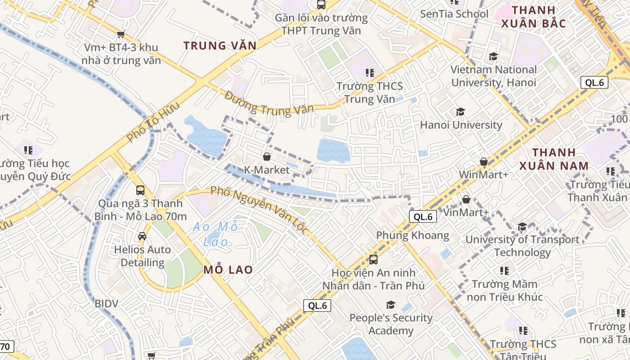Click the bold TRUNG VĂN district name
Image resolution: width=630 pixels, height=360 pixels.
(220, 45)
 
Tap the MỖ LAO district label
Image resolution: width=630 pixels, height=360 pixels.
(228, 270)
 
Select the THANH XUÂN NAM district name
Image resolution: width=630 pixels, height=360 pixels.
(554, 159)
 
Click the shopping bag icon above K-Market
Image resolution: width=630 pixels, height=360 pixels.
(267, 157)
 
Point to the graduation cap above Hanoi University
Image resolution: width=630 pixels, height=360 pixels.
(460, 112)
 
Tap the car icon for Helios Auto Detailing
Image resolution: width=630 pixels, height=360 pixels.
(142, 236)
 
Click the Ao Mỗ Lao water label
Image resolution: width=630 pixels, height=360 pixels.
(216, 234)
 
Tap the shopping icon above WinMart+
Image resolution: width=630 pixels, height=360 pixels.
(484, 161)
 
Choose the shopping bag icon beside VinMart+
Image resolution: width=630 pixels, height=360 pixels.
(466, 199)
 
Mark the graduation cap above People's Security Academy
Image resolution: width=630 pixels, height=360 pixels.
(391, 305)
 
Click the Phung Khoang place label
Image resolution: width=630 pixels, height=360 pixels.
(413, 235)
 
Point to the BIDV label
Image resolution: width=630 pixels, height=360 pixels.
(106, 303)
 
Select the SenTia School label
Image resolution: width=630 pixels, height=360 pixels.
(454, 14)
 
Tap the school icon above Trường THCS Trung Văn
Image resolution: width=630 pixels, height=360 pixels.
(370, 73)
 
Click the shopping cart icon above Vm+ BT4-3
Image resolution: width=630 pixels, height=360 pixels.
(121, 34)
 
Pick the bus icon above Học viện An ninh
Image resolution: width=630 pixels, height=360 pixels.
(373, 259)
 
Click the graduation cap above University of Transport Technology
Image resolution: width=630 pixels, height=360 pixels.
(522, 226)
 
